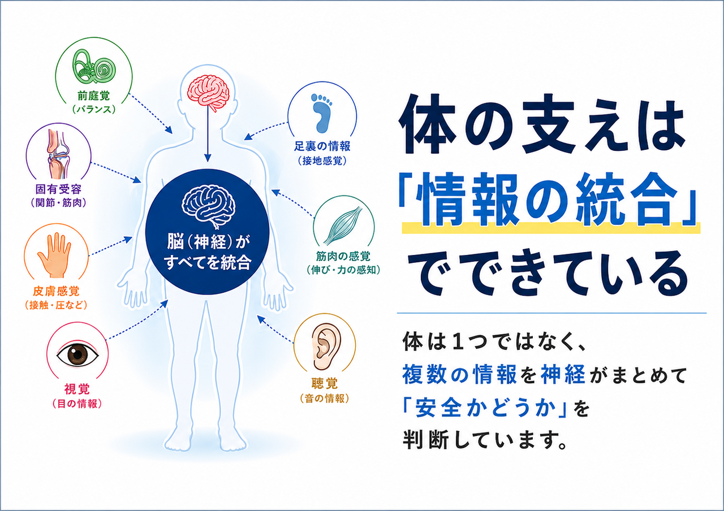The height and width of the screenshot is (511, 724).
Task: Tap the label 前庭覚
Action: point(94,96)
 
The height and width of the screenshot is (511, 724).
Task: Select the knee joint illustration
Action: point(58,154)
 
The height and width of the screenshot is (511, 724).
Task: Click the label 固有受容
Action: point(58,189)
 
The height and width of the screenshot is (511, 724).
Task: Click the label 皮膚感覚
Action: point(56,291)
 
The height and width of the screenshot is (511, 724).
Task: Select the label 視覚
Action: point(77,389)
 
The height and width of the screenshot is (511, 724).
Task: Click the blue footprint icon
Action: point(322,113)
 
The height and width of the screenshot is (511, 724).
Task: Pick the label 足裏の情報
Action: point(322,146)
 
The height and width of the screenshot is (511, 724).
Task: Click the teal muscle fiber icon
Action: point(343,226)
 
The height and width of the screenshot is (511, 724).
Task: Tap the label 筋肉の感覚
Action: point(343,257)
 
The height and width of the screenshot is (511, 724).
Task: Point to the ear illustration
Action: point(326,347)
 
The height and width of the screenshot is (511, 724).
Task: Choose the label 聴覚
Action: point(325,383)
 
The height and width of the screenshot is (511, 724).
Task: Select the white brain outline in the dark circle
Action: point(209,206)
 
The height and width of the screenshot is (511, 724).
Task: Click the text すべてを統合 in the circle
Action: point(208,262)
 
